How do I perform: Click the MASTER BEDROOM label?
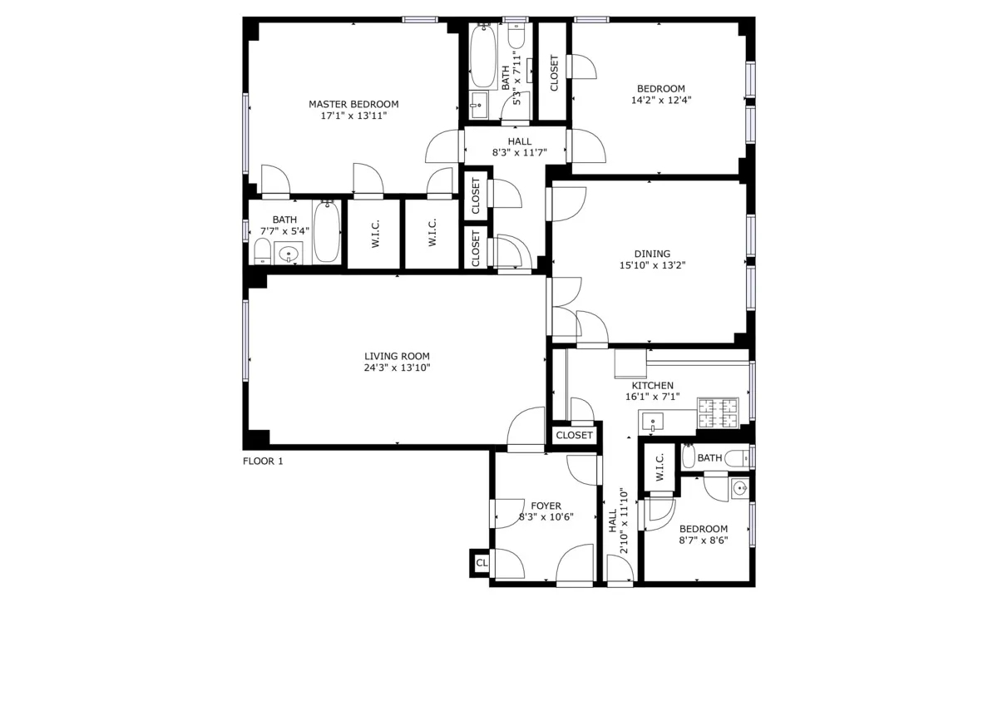click(x=353, y=104)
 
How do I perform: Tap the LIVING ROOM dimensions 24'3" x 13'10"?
click(x=397, y=368)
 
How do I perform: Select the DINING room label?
click(x=652, y=254)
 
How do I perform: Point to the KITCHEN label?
click(x=652, y=386)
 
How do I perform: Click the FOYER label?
click(x=546, y=506)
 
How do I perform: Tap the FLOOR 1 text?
click(x=263, y=462)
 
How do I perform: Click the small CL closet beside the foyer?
click(x=481, y=564)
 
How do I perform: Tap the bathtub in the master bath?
click(x=328, y=232)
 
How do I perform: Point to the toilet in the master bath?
click(x=260, y=250)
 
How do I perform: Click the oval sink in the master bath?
click(x=289, y=254)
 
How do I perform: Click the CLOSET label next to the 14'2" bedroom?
click(x=555, y=73)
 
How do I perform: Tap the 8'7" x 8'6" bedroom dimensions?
click(x=703, y=540)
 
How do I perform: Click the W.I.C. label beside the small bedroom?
click(x=660, y=468)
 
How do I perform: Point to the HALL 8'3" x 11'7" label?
click(x=519, y=147)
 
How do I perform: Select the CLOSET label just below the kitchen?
click(x=574, y=436)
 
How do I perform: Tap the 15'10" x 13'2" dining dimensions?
click(x=652, y=266)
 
